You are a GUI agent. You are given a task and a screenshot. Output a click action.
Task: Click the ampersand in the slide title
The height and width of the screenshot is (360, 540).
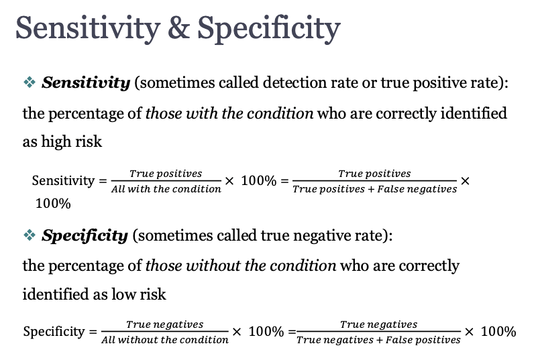pyautogui.click(x=178, y=28)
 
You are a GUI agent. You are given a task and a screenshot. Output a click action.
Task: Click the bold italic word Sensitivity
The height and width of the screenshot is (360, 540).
pyautogui.click(x=86, y=83)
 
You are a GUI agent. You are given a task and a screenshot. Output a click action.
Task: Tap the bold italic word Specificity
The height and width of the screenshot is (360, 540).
pyautogui.click(x=85, y=236)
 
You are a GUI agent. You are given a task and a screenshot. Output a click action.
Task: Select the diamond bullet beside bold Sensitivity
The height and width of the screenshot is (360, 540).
pyautogui.click(x=30, y=82)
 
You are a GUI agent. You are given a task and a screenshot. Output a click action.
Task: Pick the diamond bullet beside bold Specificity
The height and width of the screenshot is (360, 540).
pyautogui.click(x=30, y=235)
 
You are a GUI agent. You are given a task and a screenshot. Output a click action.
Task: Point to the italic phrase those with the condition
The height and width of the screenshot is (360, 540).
pyautogui.click(x=229, y=113)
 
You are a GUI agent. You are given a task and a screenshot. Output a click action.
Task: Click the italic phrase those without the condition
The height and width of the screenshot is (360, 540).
pyautogui.click(x=241, y=265)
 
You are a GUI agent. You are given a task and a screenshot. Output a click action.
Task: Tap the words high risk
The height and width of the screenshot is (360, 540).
pyautogui.click(x=72, y=141)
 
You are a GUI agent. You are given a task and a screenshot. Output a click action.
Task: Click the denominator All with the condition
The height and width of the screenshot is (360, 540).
pyautogui.click(x=166, y=189)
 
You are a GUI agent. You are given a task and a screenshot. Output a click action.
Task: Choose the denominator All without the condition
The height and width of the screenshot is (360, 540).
pyautogui.click(x=165, y=340)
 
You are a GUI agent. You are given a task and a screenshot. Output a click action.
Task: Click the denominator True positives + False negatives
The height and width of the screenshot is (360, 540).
pyautogui.click(x=375, y=189)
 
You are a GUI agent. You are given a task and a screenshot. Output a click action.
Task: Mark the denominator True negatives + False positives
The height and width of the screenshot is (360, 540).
pyautogui.click(x=378, y=340)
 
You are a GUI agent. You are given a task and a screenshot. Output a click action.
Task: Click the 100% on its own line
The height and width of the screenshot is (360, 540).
pyautogui.click(x=53, y=203)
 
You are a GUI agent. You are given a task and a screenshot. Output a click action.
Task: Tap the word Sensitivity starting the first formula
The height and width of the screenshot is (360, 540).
pyautogui.click(x=63, y=181)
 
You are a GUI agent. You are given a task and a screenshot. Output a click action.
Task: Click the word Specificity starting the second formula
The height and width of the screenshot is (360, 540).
pyautogui.click(x=54, y=332)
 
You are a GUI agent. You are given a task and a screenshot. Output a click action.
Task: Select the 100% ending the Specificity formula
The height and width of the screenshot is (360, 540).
pyautogui.click(x=498, y=332)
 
